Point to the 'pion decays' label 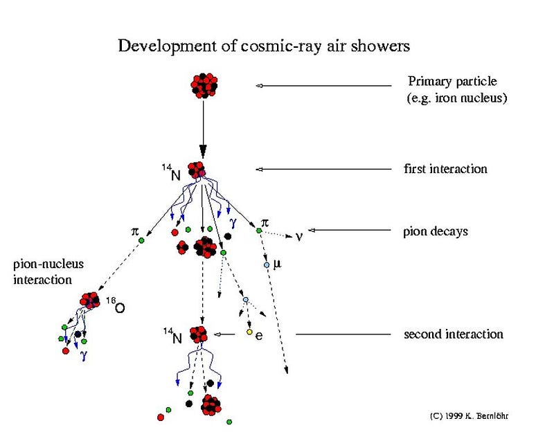point(436,231)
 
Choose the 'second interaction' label point(453,334)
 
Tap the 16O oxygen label point(118,305)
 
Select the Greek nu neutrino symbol point(299,237)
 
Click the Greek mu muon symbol point(278,264)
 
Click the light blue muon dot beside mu point(267,265)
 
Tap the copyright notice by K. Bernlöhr point(474,416)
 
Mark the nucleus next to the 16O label point(90,300)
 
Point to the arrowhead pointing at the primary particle point(259,85)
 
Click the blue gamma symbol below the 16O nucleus point(84,356)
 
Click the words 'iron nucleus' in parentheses point(476,98)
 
